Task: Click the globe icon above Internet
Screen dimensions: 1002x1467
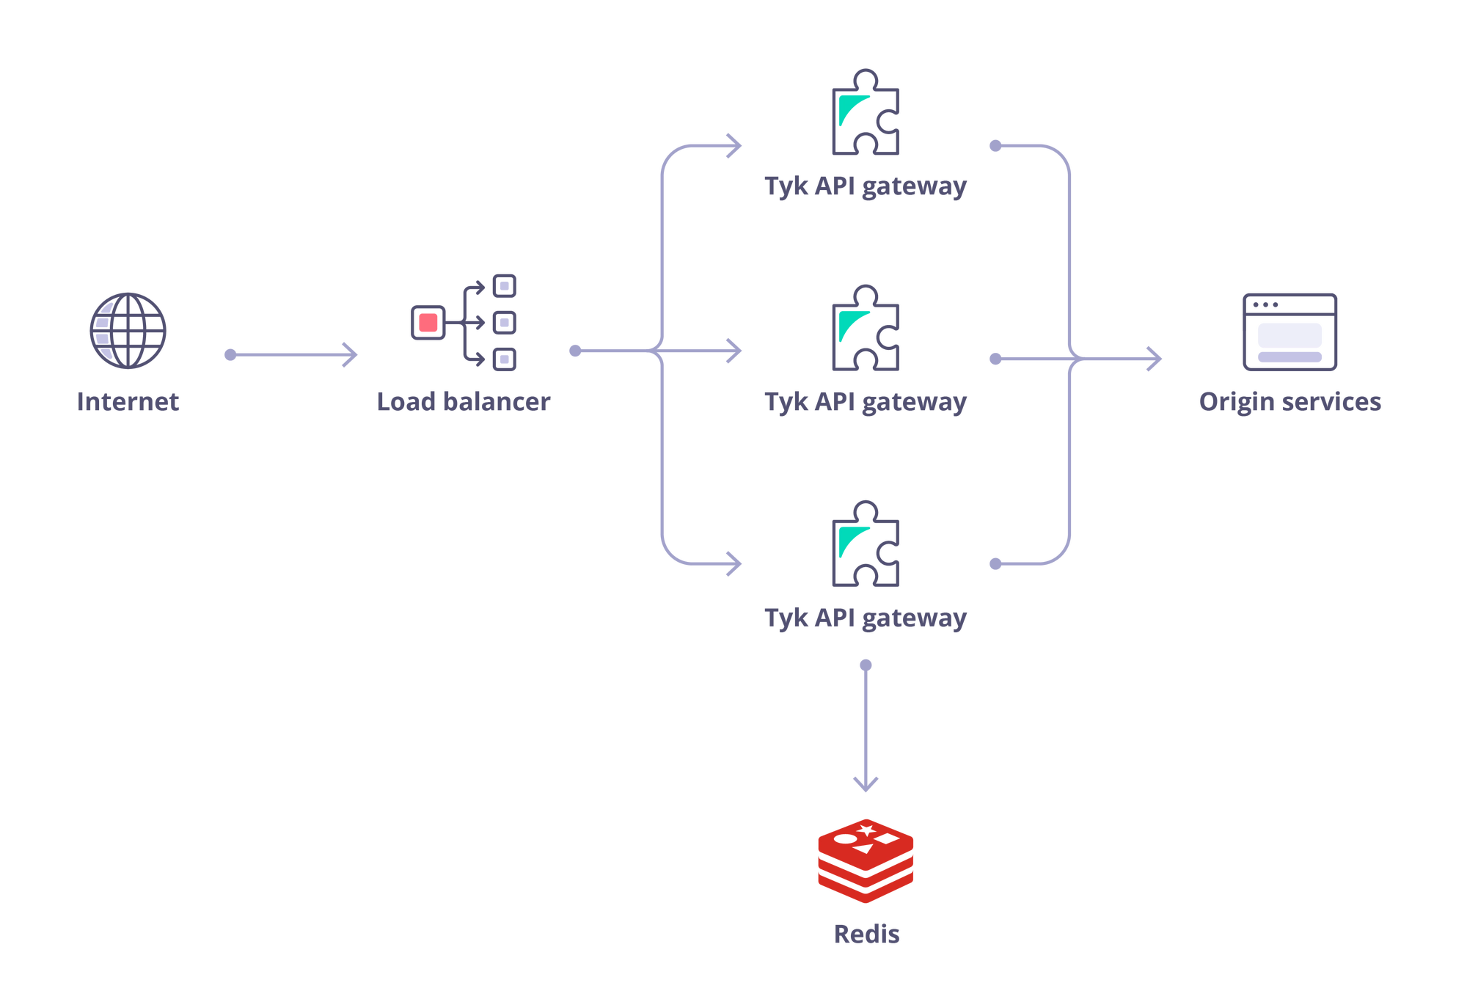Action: (129, 330)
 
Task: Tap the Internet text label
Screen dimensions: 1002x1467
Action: (129, 403)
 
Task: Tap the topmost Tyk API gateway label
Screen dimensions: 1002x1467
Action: (865, 188)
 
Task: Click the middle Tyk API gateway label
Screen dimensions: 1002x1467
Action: (865, 403)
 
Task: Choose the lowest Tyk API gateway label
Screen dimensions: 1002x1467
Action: (865, 621)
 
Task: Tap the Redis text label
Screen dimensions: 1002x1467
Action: (867, 935)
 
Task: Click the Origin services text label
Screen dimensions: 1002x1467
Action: (1290, 403)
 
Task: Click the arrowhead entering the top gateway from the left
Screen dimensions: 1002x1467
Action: (733, 147)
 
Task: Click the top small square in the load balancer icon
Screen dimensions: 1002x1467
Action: (505, 285)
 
